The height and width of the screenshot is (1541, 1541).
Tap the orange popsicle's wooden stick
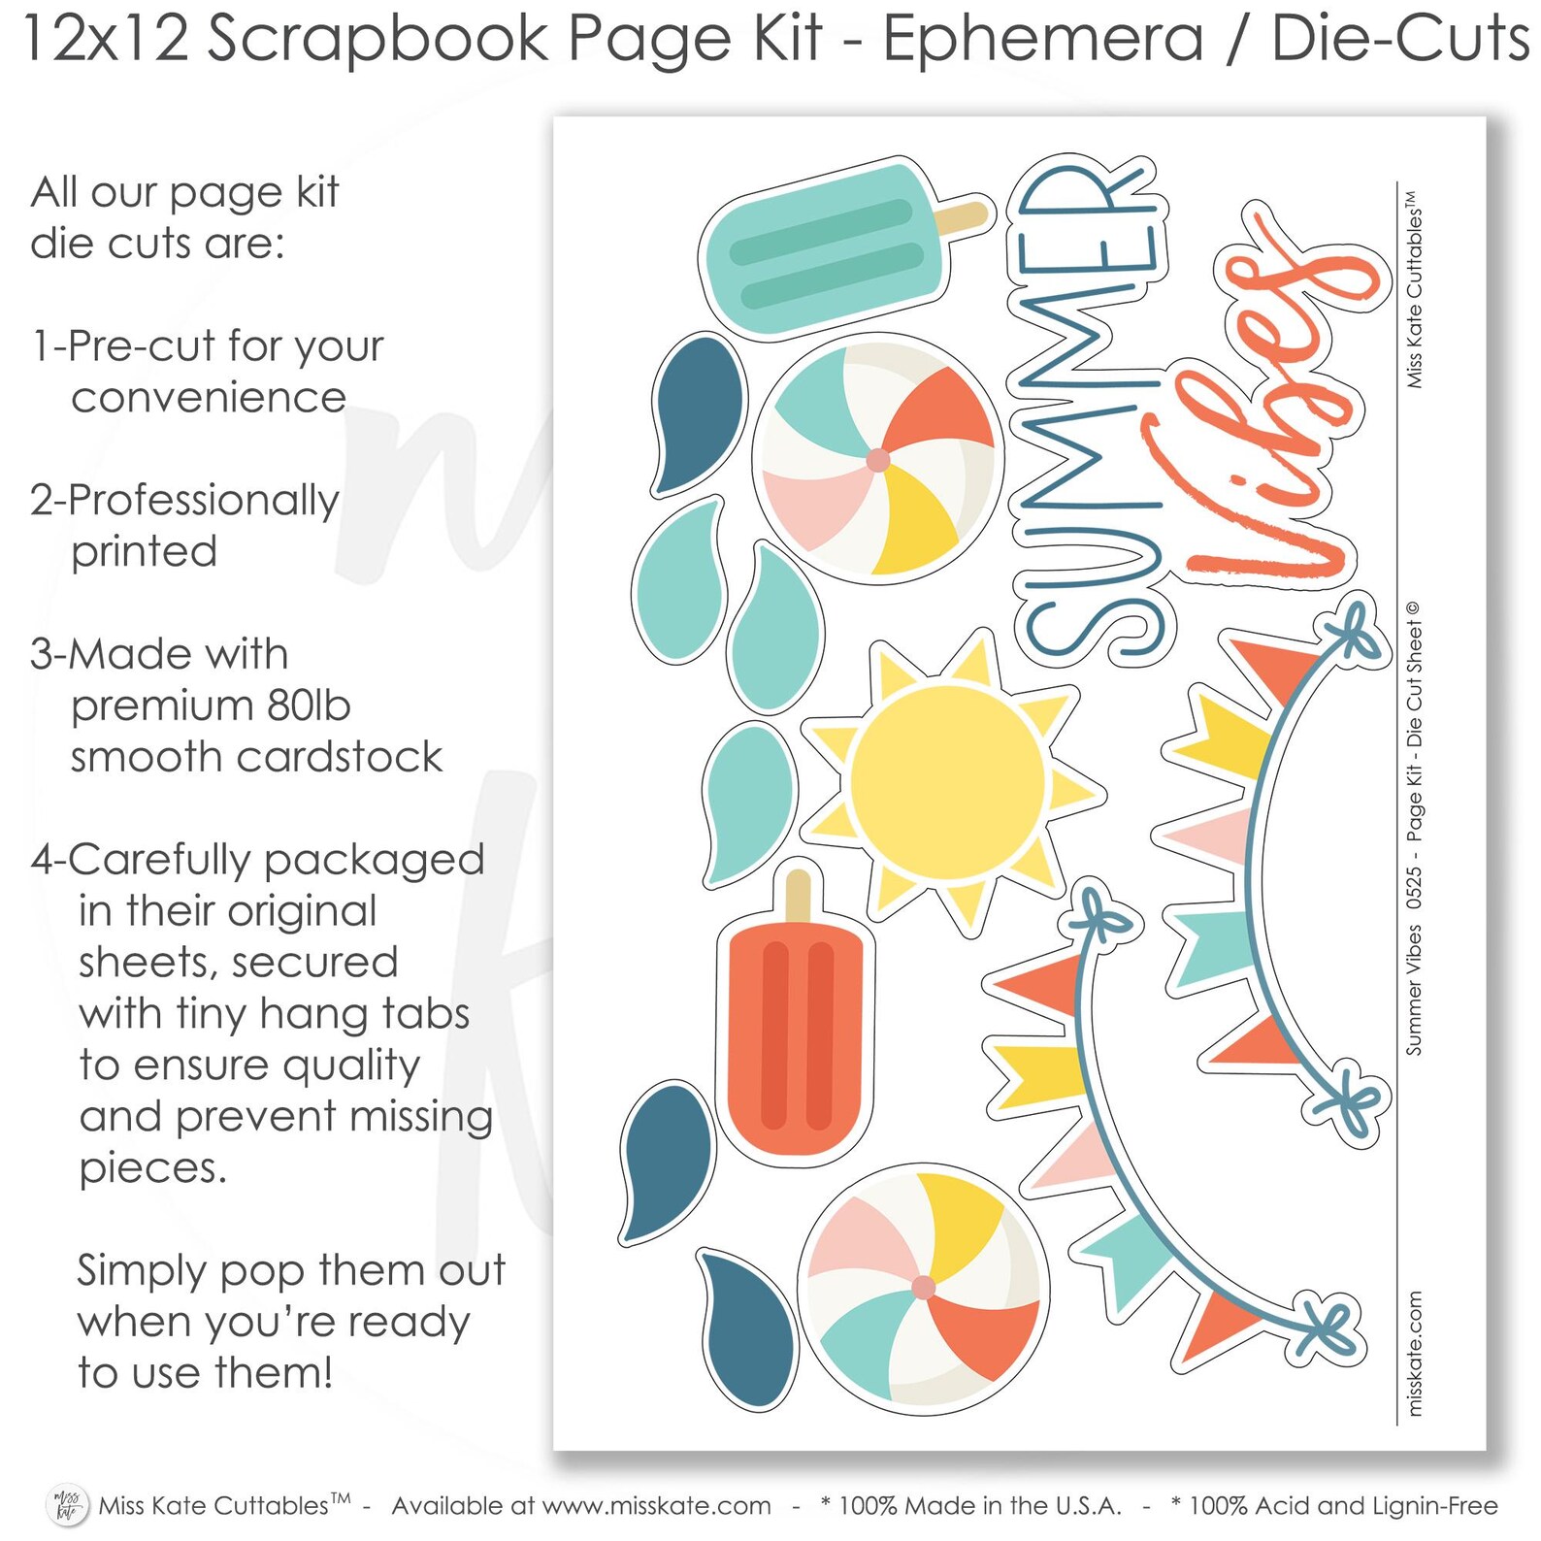(798, 896)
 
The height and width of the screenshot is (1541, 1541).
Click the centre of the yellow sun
(948, 782)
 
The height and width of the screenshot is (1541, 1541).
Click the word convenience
(209, 398)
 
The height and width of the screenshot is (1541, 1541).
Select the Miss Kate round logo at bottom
(67, 1505)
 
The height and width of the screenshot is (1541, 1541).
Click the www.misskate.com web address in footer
(657, 1506)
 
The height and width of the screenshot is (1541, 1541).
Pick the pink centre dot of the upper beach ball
(877, 460)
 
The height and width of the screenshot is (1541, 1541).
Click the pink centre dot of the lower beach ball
(923, 1288)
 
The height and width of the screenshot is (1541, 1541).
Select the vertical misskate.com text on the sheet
(1415, 1353)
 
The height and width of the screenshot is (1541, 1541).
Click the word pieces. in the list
(153, 1168)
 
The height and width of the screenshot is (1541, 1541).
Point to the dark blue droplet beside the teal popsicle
(697, 412)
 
